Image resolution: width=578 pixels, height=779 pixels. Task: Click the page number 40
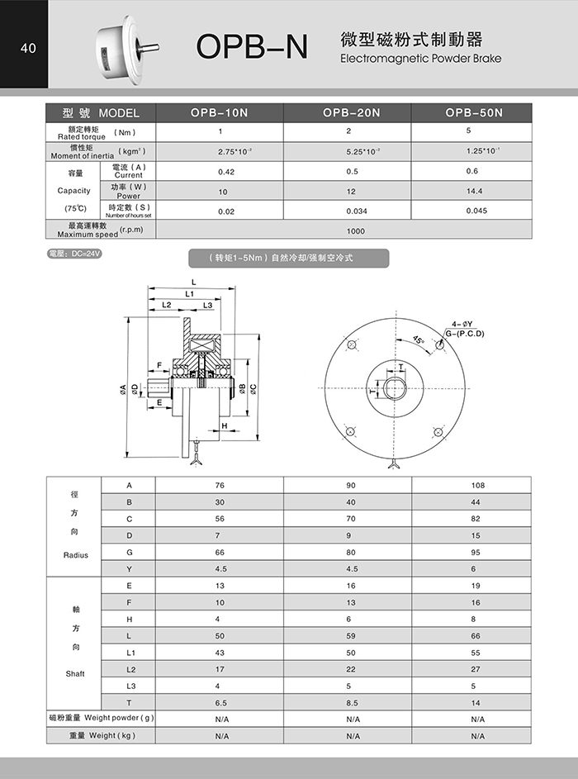pos(28,49)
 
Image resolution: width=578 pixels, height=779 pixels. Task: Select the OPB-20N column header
pos(352,113)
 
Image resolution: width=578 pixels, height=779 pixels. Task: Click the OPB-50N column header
pos(474,113)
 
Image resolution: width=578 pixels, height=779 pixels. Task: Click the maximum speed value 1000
pos(355,230)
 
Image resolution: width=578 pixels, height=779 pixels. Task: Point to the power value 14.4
pos(472,191)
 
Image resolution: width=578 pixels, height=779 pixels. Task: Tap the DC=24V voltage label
pos(74,254)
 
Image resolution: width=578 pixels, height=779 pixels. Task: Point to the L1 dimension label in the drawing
pos(190,293)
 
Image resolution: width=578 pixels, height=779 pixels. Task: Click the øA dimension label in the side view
pos(123,388)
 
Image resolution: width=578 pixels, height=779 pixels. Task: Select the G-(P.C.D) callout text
pos(466,334)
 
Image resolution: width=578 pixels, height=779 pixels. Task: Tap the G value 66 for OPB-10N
pos(220,552)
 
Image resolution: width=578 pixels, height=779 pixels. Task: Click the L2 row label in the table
pos(130,669)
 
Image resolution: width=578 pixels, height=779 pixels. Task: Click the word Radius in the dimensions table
pos(75,555)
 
